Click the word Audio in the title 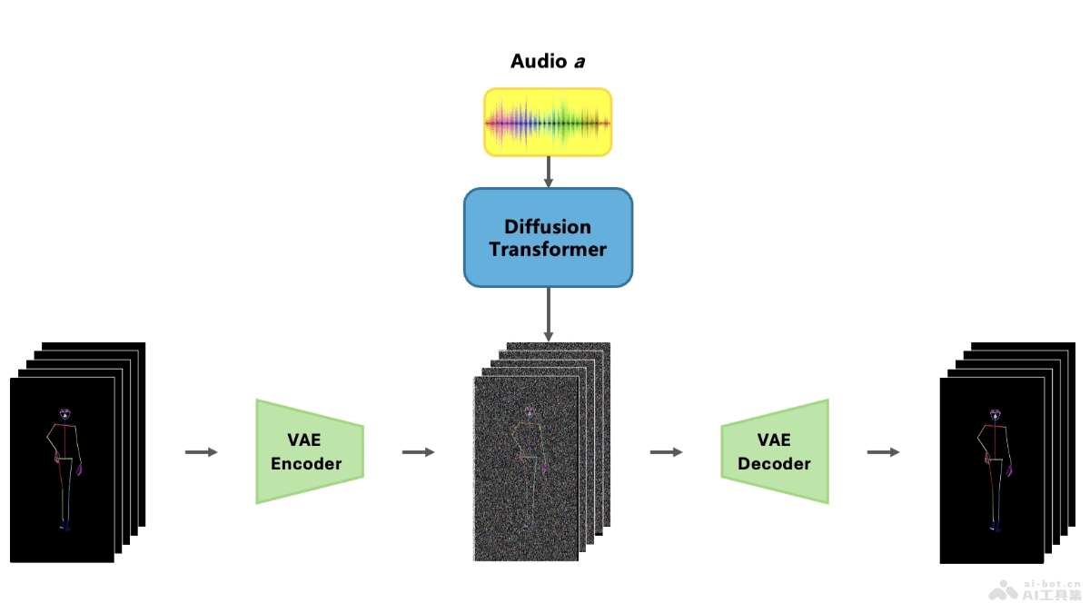tap(537, 62)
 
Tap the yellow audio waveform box tap(548, 122)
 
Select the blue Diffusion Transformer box tap(548, 237)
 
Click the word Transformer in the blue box tap(548, 249)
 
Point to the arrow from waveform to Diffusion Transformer tap(548, 172)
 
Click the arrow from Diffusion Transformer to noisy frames tap(548, 314)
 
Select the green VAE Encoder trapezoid tap(310, 451)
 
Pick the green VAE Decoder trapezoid tap(775, 451)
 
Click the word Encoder tap(306, 464)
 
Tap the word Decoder tap(774, 464)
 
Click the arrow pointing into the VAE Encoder tap(202, 451)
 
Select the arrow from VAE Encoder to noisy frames tap(418, 451)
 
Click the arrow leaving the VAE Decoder tap(883, 451)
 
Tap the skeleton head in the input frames tap(64, 415)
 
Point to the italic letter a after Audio tap(577, 62)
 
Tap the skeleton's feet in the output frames tap(996, 526)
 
